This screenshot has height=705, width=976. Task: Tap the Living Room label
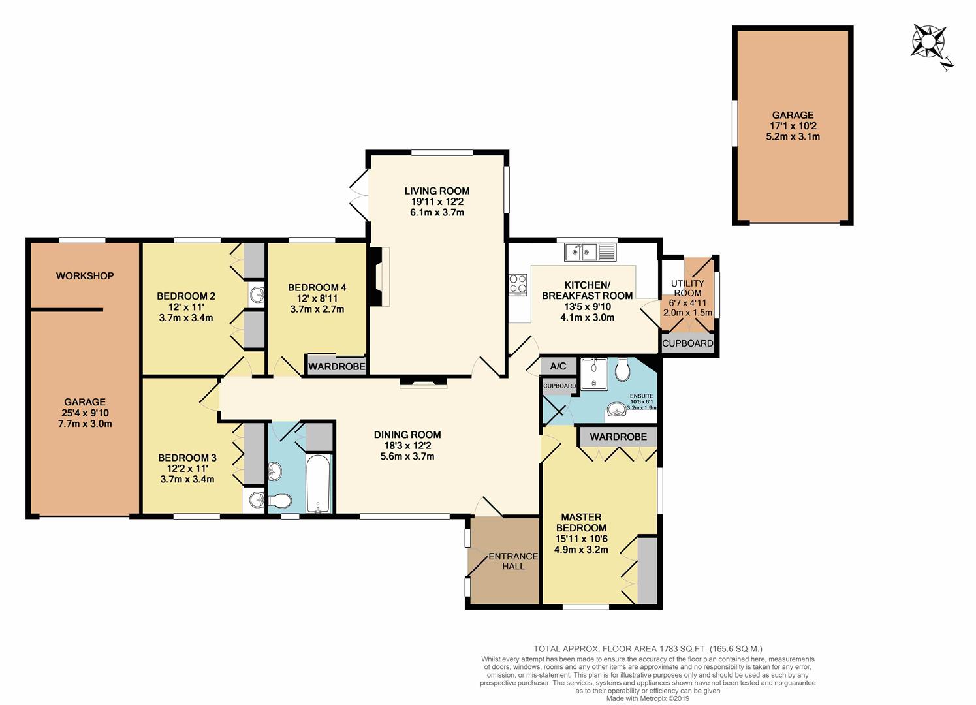click(x=437, y=191)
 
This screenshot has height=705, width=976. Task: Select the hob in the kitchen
click(x=518, y=284)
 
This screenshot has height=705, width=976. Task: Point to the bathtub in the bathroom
click(x=320, y=484)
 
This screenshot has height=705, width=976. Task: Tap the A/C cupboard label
click(x=558, y=366)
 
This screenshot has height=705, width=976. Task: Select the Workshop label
click(x=85, y=276)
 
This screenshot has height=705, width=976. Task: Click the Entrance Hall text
click(x=514, y=561)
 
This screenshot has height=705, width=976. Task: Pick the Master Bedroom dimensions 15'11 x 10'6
click(x=580, y=539)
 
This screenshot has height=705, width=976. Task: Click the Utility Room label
click(x=688, y=288)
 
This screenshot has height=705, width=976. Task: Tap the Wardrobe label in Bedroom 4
click(x=337, y=366)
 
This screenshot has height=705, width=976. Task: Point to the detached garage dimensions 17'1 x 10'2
click(x=792, y=126)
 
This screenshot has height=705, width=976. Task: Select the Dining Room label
click(x=407, y=435)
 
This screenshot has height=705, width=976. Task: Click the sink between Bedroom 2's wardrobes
click(x=257, y=295)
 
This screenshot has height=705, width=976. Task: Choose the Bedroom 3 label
click(x=186, y=458)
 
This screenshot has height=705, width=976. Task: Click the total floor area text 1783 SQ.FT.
click(x=648, y=649)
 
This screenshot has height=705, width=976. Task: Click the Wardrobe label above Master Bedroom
click(x=618, y=436)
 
